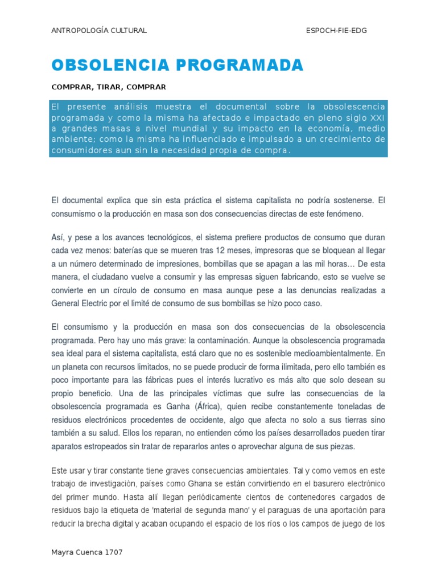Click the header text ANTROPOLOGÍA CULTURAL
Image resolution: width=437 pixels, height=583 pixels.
99,31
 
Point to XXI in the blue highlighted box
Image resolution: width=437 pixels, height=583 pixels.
377,118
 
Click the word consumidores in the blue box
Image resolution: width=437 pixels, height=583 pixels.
77,150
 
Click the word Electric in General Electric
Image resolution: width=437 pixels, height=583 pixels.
98,303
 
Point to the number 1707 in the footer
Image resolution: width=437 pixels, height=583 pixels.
114,552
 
